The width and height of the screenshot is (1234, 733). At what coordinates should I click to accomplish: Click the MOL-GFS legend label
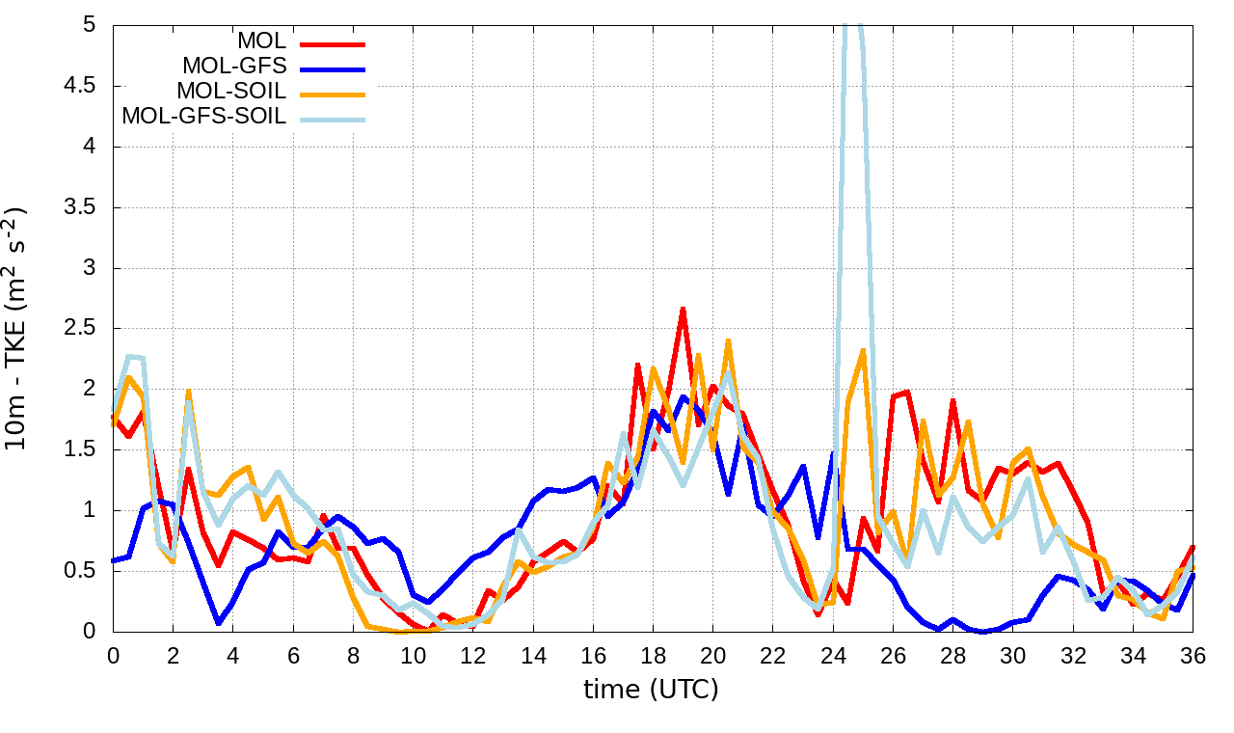pos(234,67)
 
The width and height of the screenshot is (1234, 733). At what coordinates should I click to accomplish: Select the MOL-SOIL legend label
pos(231,92)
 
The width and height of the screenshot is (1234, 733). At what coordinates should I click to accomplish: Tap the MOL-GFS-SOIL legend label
pos(203,117)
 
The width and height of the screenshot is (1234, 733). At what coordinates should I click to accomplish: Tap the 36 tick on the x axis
pos(1194,656)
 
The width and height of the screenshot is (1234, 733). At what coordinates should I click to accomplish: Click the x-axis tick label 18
pos(653,656)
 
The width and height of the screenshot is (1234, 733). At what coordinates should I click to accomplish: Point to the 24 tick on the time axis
pos(833,656)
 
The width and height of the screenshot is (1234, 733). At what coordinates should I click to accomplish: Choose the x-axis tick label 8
pos(354,656)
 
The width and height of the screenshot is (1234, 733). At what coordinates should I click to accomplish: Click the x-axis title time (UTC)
pos(652,690)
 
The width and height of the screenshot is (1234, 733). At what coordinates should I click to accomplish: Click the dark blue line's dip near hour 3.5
pos(219,622)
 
